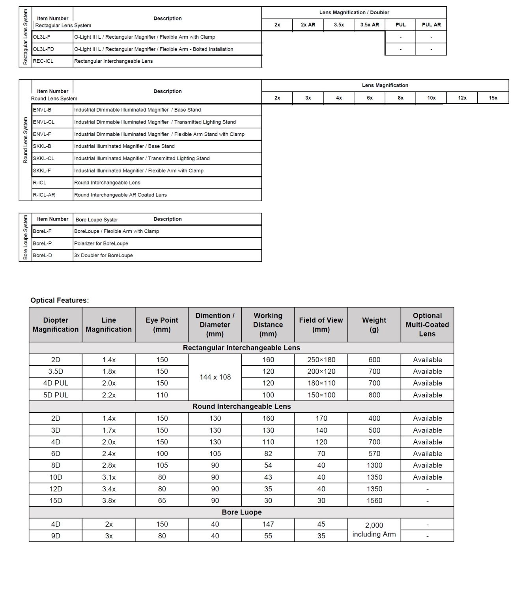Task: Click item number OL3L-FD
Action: (44, 49)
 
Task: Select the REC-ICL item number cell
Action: (43, 61)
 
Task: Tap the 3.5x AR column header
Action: (370, 24)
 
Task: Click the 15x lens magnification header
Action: (493, 98)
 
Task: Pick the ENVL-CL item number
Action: (44, 122)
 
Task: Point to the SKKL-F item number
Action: (42, 170)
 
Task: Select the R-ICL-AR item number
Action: (44, 195)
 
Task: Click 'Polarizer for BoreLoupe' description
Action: (101, 243)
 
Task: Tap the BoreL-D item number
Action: (43, 255)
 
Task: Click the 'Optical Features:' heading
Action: (60, 300)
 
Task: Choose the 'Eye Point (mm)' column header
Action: (162, 325)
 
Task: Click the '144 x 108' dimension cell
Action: (215, 377)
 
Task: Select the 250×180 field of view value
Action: (321, 360)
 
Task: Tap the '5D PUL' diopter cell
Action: (56, 395)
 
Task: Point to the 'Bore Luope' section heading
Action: (241, 512)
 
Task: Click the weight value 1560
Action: (374, 501)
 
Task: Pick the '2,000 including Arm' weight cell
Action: (374, 530)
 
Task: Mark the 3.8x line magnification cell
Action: (109, 501)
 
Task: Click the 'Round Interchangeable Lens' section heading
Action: (241, 406)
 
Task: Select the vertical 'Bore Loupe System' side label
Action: (26, 237)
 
